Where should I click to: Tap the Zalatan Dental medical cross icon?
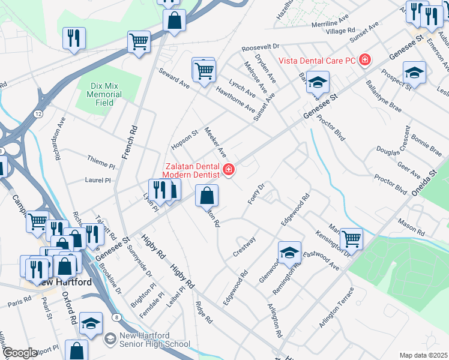(228, 170)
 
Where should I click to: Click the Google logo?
(20, 353)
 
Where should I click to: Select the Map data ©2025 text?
(424, 355)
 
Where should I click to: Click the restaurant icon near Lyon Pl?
(159, 190)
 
